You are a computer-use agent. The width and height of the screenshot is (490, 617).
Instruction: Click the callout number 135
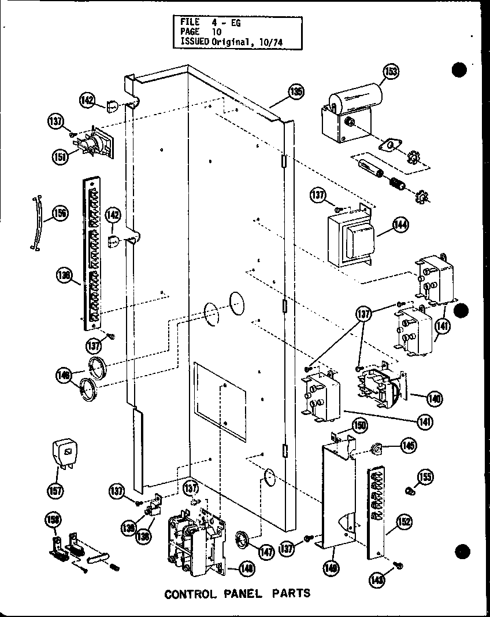(x=296, y=91)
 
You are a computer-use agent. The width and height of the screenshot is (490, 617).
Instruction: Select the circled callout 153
(x=391, y=72)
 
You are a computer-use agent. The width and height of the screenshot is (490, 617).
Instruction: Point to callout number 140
(x=434, y=398)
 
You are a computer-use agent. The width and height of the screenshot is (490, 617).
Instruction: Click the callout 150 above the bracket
(x=360, y=426)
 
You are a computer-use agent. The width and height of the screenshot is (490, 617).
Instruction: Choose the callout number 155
(x=426, y=478)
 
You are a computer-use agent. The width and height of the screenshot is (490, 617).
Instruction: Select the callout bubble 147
(x=266, y=553)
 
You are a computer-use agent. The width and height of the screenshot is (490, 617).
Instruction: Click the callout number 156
(x=60, y=214)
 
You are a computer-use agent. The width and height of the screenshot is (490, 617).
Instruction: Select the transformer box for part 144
(x=350, y=239)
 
